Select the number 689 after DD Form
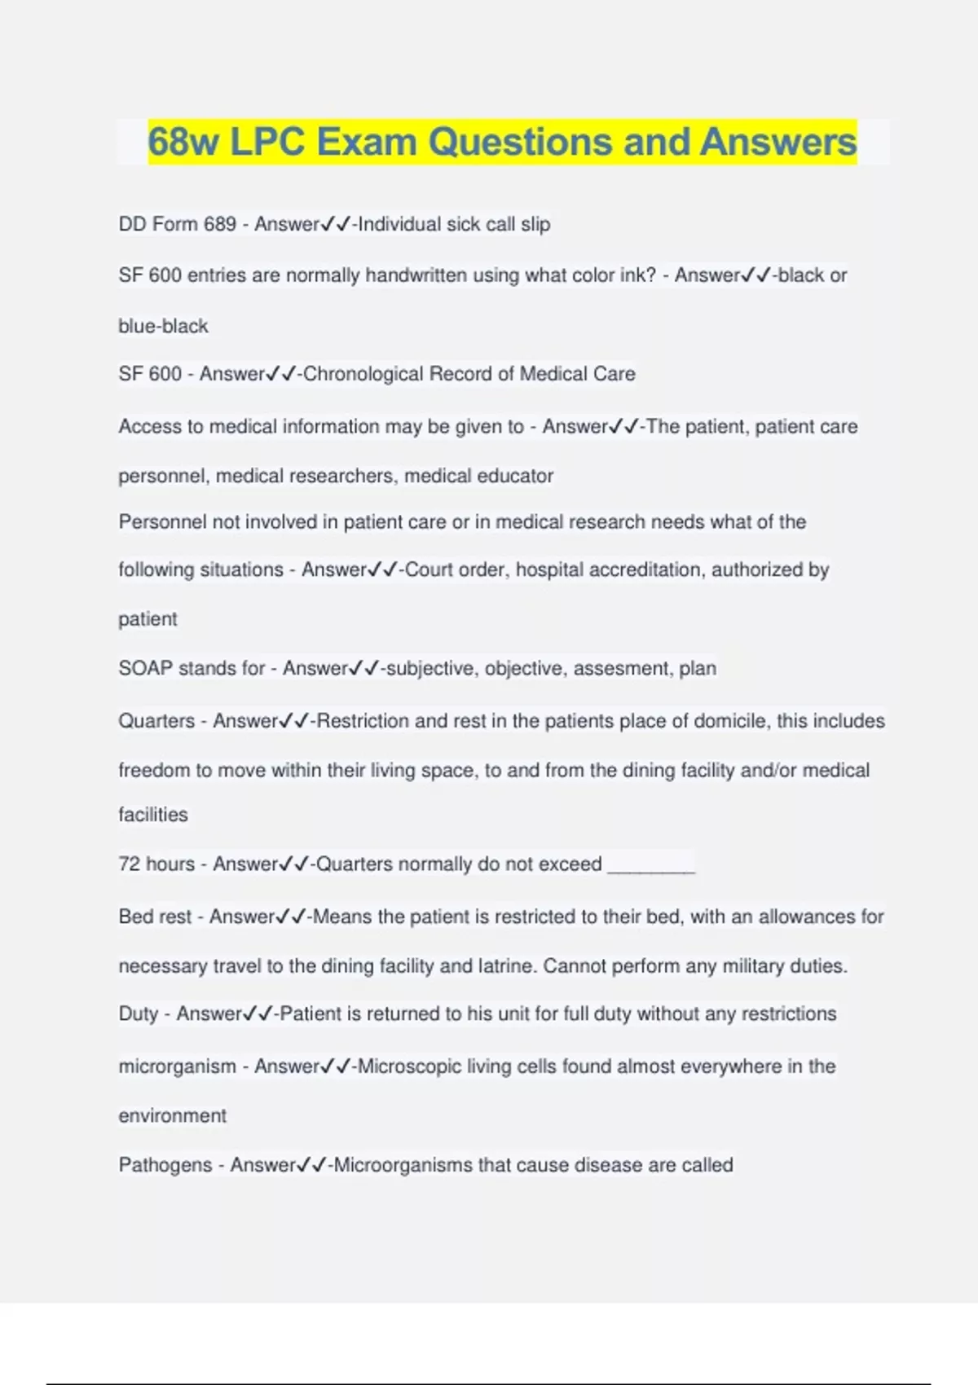click(220, 224)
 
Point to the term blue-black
click(163, 326)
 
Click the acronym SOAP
click(145, 668)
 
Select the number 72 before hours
click(129, 864)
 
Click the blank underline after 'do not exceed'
click(651, 865)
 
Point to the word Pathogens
click(165, 1165)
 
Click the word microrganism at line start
click(177, 1066)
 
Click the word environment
click(172, 1115)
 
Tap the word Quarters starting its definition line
click(156, 721)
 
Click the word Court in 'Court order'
click(429, 569)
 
